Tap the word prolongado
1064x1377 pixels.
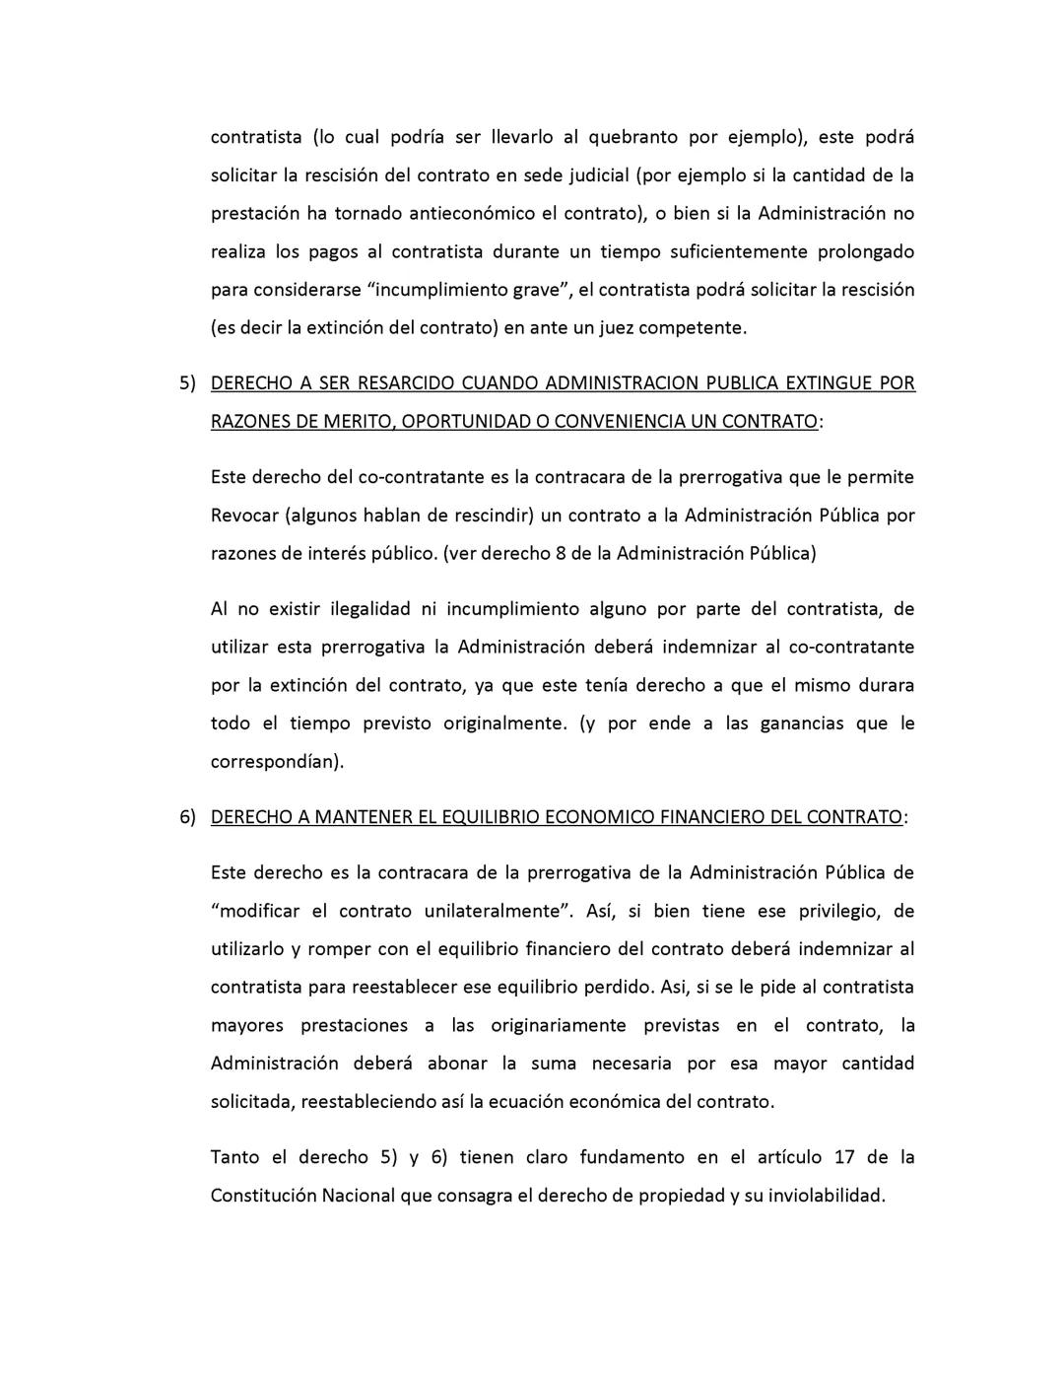coord(866,251)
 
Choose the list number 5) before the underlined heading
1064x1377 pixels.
coord(188,383)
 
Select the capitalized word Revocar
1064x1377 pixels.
coord(241,516)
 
